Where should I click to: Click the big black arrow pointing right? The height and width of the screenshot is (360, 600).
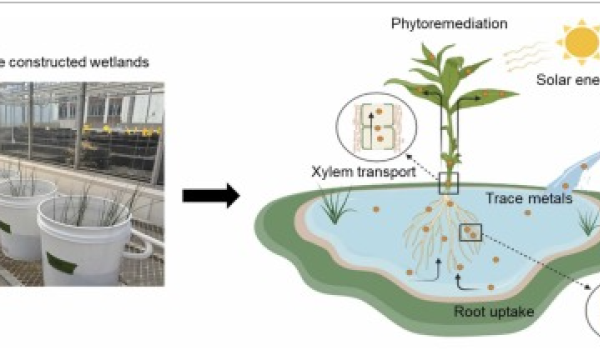pyautogui.click(x=211, y=194)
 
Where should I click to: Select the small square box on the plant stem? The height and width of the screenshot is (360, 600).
pyautogui.click(x=449, y=182)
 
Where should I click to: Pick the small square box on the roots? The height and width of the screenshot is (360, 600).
pyautogui.click(x=470, y=233)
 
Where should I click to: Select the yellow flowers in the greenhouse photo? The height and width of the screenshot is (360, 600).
pyautogui.click(x=105, y=129)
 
